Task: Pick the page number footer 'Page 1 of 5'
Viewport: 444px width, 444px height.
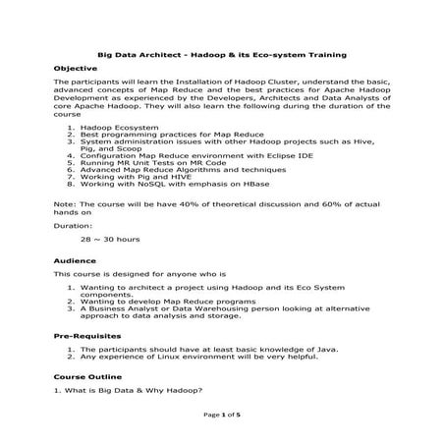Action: coord(222,416)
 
